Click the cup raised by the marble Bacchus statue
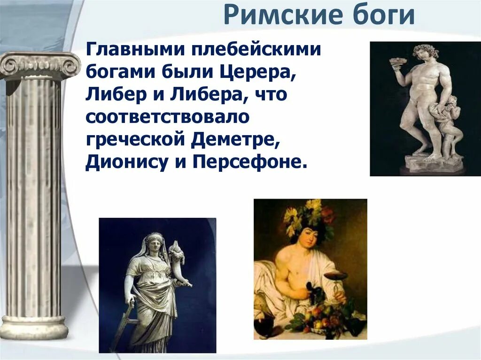pyautogui.click(x=398, y=61)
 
